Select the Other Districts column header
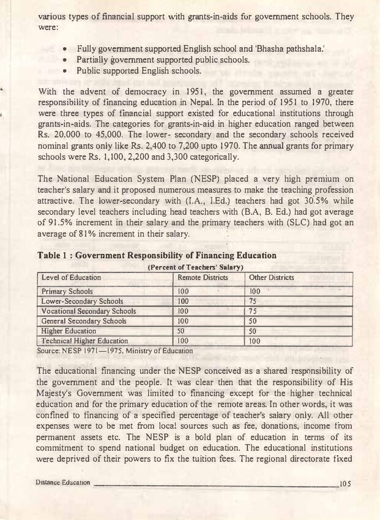point(271,278)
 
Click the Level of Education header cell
point(71,278)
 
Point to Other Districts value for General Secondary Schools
point(252,321)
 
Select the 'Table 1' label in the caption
point(57,255)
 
